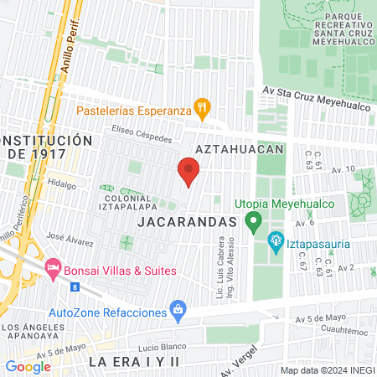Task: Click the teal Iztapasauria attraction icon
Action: [x=275, y=243]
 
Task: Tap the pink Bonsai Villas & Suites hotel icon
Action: [x=54, y=270]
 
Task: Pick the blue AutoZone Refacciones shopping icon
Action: [x=178, y=310]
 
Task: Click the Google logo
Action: [x=28, y=366]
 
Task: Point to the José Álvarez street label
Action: [x=70, y=240]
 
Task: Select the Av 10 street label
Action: [x=343, y=170]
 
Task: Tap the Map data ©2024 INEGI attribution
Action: [x=326, y=369]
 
